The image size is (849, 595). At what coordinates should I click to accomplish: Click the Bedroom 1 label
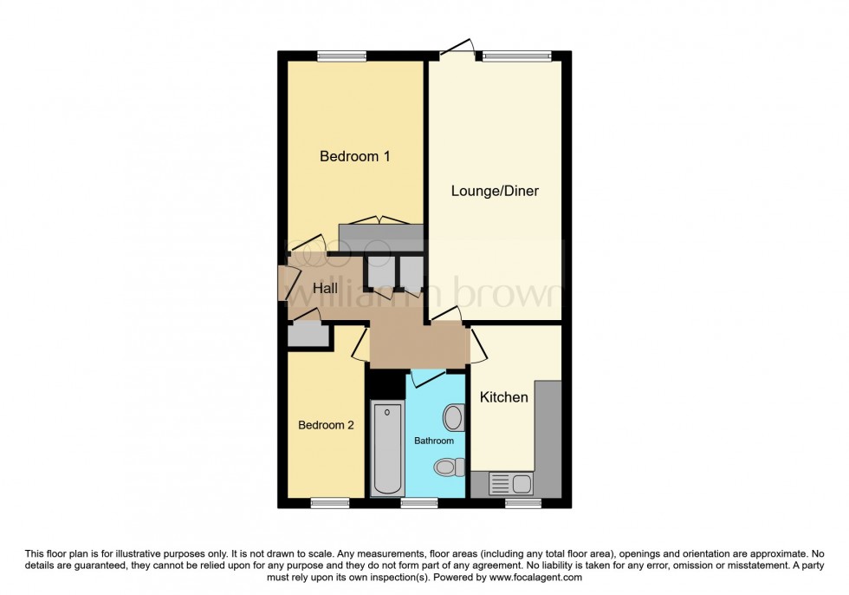point(354,157)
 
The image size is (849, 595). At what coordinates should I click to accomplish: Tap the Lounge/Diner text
point(495,191)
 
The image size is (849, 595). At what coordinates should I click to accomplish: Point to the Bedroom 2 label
point(326,425)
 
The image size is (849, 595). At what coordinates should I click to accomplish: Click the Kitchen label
point(503,397)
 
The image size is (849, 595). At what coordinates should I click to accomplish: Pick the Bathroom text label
point(433,441)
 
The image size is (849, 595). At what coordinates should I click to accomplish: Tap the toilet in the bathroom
point(446,467)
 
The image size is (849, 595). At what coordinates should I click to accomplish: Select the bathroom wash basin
point(452,419)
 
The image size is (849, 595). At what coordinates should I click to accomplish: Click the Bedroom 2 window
point(330,502)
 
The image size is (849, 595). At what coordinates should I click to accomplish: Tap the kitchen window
point(523,502)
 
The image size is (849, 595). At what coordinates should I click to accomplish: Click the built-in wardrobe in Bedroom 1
point(380,236)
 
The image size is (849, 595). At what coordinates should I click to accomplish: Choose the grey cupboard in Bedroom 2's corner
point(308,336)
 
